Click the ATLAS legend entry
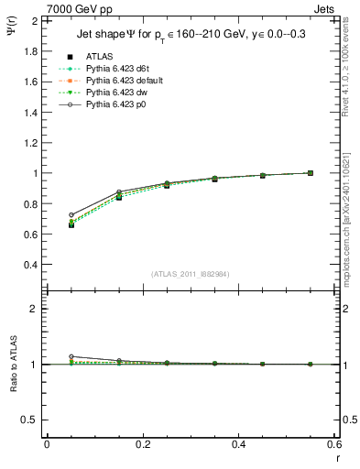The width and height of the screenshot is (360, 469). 98,55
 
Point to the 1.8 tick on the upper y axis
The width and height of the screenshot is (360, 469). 29,51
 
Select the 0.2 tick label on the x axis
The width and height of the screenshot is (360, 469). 142,444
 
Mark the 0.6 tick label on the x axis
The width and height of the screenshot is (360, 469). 333,444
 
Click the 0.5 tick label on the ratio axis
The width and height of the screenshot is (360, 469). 29,420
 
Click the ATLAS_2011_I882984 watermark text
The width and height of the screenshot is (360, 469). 190,274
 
